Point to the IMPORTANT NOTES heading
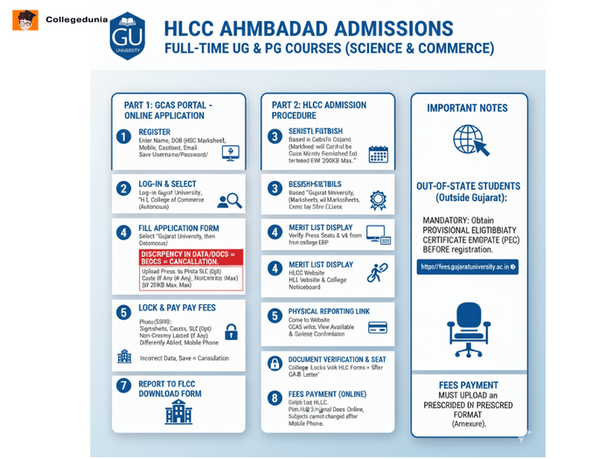point(468,108)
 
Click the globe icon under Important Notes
point(468,140)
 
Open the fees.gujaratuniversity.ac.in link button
point(468,267)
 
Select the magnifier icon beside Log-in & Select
point(229,200)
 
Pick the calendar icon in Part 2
point(378,154)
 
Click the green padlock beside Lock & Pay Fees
point(231,331)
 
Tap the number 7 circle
point(123,386)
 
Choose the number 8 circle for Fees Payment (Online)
point(275,397)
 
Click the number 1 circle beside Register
point(123,136)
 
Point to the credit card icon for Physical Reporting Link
point(378,327)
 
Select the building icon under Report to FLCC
point(177,412)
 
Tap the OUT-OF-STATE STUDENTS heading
point(469,191)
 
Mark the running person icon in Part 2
point(377,273)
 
